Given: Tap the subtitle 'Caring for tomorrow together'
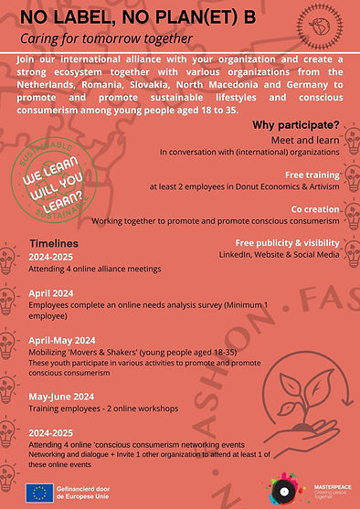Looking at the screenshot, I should pos(107,39).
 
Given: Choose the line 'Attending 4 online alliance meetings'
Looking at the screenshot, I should pos(88,271).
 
